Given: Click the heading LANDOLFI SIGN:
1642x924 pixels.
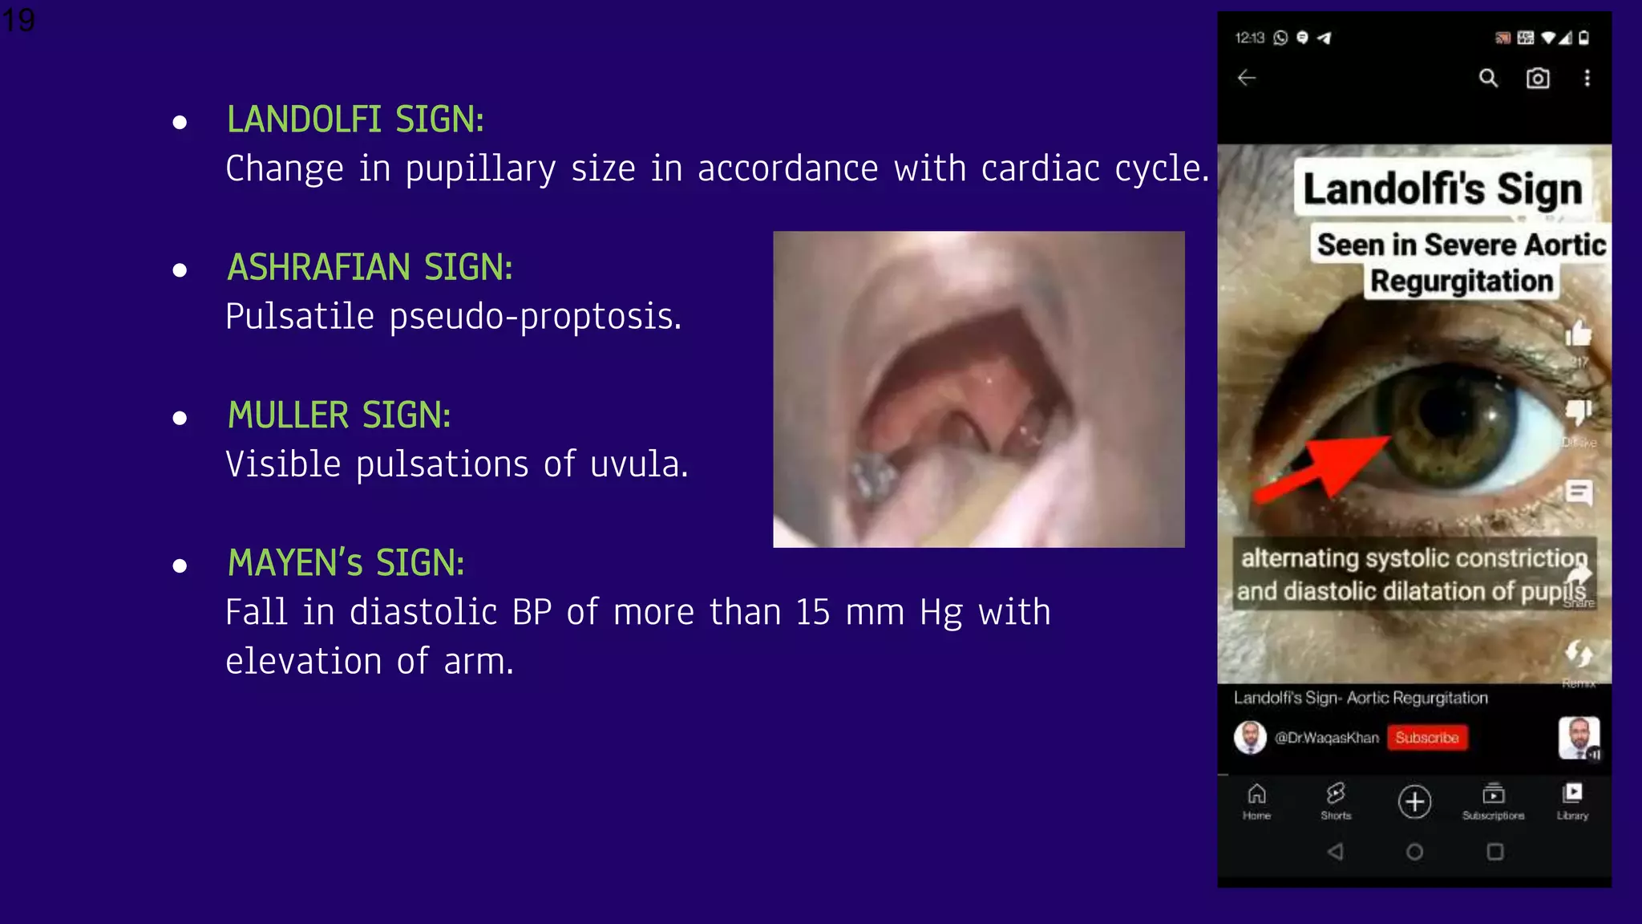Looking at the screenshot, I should coord(355,120).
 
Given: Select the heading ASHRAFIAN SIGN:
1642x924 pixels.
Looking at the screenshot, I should coord(370,268).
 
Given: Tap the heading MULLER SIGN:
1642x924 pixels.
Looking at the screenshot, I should coord(339,415).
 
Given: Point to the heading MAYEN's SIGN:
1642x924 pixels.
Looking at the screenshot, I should coord(346,563).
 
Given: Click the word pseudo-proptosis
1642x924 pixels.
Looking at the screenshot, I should coord(535,317).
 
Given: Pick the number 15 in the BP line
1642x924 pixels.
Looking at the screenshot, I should coord(812,613).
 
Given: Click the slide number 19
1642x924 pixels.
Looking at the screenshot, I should coord(18,19).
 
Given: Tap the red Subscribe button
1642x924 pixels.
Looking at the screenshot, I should coord(1426,738).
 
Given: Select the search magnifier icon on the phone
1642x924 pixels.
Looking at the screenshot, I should coord(1488,78).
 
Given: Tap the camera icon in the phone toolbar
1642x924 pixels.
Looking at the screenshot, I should coord(1537,78).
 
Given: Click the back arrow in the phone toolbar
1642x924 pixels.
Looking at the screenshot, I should coord(1247,78).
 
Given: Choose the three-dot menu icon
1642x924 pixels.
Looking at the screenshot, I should coord(1587,78).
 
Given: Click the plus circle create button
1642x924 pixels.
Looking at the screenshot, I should coord(1414,801).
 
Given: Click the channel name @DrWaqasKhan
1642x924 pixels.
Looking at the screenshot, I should coord(1327,738).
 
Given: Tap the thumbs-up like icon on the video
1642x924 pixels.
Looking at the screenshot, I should coord(1578,333).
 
